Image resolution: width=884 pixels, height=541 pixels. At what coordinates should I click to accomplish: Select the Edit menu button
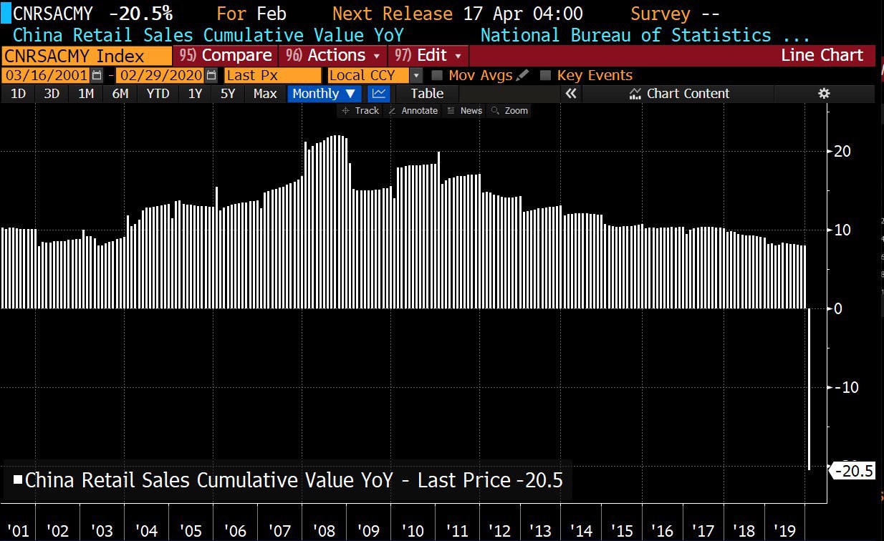[428, 56]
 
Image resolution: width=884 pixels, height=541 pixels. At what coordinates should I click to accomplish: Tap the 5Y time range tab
[227, 93]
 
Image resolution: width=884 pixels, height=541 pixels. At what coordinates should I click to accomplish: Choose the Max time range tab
[264, 93]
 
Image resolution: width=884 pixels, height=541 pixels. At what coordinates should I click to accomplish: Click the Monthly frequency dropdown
[324, 93]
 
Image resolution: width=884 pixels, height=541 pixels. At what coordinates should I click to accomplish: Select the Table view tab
[427, 93]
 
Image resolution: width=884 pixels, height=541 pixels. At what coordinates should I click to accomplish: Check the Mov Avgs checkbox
[437, 75]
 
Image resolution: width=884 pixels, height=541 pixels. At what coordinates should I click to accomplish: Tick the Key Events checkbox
[545, 75]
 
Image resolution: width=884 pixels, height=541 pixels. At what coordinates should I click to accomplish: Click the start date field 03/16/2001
[46, 75]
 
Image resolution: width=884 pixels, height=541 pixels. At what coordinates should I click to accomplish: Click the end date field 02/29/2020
[160, 75]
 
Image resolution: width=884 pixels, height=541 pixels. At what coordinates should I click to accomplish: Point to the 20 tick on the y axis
[842, 151]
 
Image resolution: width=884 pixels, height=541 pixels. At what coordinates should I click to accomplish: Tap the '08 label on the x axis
[324, 531]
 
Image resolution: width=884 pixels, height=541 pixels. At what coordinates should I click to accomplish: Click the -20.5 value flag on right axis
[854, 471]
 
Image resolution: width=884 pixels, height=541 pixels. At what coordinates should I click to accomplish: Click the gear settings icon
[824, 93]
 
